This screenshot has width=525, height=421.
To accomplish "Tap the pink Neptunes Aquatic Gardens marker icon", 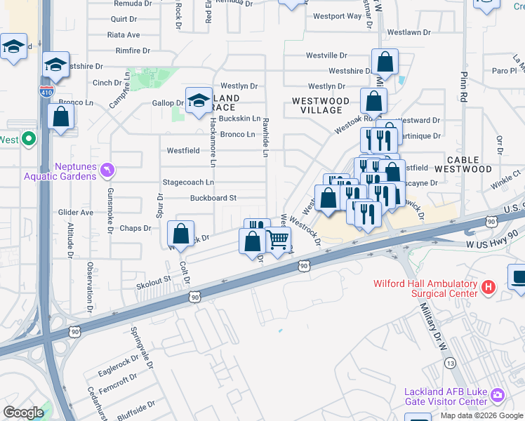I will tap(107, 169).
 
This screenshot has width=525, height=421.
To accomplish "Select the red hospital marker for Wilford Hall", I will tap(489, 286).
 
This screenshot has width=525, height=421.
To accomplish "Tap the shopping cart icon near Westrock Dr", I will tap(278, 240).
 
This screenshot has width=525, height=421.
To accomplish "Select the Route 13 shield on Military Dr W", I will tap(450, 363).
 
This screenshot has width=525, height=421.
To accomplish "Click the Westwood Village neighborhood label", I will tap(321, 106).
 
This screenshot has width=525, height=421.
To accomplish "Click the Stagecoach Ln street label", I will tap(187, 182).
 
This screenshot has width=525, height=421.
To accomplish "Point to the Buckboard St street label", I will tap(213, 199).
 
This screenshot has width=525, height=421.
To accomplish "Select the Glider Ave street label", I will tap(76, 212).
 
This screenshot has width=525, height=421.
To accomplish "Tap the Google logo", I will tap(24, 413).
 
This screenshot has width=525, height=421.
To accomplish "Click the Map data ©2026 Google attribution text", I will tap(481, 415).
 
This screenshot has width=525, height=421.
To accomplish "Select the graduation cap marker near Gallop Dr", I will tap(199, 100).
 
